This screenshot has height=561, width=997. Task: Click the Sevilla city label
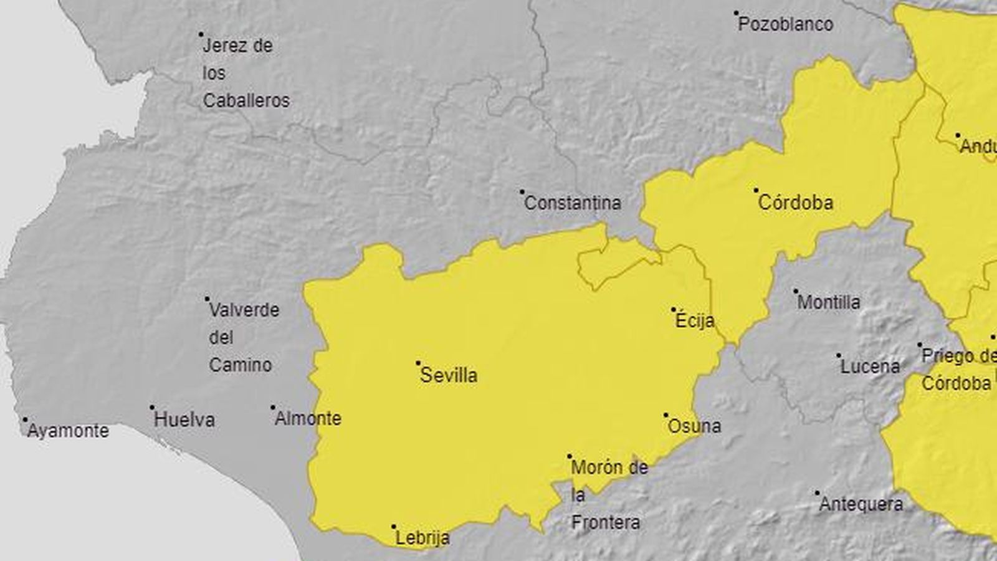click(x=449, y=375)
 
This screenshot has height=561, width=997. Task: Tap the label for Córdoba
click(x=796, y=203)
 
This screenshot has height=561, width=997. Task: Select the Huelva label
click(x=184, y=420)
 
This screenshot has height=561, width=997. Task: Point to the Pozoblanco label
click(x=786, y=24)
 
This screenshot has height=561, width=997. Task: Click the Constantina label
click(x=573, y=203)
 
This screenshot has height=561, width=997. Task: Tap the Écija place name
click(x=695, y=321)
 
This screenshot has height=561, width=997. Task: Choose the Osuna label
click(x=694, y=426)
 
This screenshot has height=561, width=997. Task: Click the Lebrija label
click(x=422, y=538)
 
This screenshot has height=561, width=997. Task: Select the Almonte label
click(x=308, y=418)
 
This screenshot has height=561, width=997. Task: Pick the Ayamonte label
click(x=68, y=431)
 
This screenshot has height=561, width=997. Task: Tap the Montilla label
click(x=829, y=302)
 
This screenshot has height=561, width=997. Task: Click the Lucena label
click(x=870, y=367)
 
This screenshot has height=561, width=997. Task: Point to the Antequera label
click(x=861, y=504)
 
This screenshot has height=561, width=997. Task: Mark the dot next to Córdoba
click(x=756, y=190)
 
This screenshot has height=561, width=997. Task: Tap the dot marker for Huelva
click(x=152, y=408)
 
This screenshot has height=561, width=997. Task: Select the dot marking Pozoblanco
click(x=736, y=12)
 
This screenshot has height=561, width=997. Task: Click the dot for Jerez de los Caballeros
click(x=201, y=34)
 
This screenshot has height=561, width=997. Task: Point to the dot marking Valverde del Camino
click(x=208, y=299)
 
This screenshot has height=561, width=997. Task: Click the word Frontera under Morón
click(x=606, y=522)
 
